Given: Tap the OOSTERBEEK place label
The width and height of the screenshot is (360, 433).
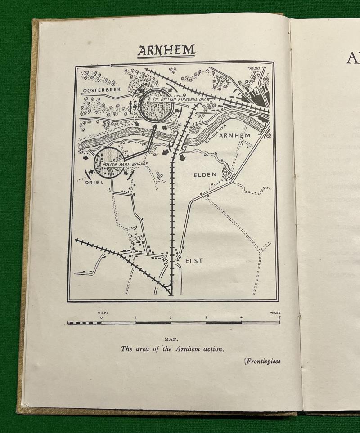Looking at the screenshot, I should coord(99,91).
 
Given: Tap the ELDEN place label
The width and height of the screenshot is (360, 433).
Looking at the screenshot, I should coord(205,174).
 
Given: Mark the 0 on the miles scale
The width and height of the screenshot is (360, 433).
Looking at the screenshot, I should coord(101,318).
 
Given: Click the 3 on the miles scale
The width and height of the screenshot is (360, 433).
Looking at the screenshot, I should coord(206,318).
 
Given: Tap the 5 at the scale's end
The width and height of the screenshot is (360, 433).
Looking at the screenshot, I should coord(279,318).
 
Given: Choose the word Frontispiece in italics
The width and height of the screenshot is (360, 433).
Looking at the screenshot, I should coord(262,361).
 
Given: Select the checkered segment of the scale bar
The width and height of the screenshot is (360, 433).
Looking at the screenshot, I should coord(84,322).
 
